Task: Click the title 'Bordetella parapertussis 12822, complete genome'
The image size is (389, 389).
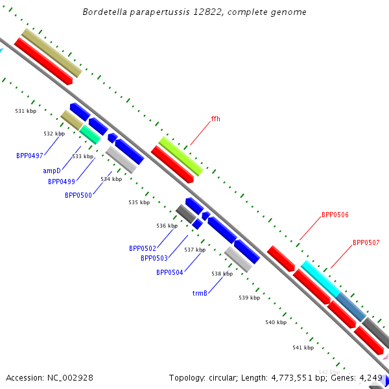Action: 194,12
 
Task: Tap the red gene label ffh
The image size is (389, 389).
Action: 216,119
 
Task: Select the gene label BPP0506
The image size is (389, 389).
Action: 335,215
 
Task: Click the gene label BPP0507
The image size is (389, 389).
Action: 366,243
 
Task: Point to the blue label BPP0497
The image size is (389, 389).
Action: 29,156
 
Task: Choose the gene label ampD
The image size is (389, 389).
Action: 51,171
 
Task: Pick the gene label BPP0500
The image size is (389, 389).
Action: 78,195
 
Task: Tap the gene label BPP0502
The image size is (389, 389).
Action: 142,248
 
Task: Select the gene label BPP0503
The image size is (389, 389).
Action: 154,259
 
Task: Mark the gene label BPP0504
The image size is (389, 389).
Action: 169,272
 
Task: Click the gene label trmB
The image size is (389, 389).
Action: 199,294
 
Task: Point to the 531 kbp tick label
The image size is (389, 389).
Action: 26,112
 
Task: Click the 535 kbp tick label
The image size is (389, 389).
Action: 139,203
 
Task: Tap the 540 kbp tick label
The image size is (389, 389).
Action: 276,322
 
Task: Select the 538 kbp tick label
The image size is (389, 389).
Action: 222,274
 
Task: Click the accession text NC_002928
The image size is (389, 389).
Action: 69,377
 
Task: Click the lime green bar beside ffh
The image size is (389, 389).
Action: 181,156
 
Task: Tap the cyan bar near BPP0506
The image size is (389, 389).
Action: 320,279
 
